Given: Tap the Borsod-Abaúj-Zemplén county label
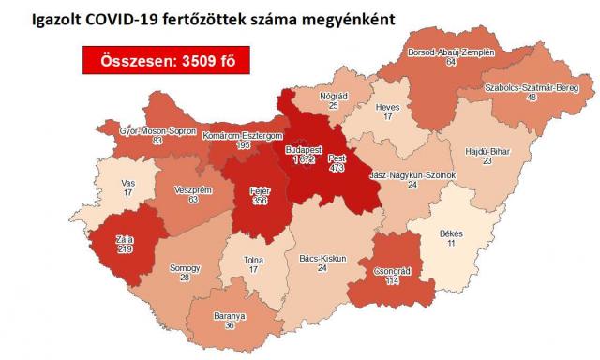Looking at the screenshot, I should (450, 53).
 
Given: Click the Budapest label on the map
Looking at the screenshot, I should (303, 149).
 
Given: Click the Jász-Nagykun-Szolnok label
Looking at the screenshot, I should (412, 174).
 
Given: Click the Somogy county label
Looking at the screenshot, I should (185, 268).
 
